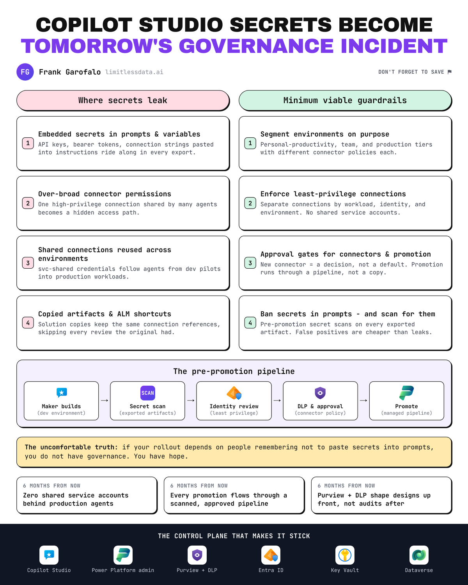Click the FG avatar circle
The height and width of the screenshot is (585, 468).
(x=25, y=72)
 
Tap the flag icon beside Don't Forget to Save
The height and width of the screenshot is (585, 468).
(x=450, y=72)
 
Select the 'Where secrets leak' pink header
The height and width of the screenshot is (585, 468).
(x=123, y=100)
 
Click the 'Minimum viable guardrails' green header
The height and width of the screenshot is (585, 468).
(x=345, y=100)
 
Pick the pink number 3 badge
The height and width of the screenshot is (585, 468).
(x=28, y=263)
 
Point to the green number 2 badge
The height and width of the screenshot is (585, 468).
(x=250, y=203)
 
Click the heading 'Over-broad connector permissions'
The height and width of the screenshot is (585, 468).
(x=105, y=194)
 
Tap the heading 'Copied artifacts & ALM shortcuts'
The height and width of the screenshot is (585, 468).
(x=105, y=314)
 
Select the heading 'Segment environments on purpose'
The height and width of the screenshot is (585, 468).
(x=325, y=134)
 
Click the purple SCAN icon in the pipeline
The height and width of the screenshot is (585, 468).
(x=148, y=393)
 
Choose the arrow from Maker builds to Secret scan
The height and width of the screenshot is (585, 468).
(x=105, y=401)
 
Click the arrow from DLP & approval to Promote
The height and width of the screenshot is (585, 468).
(x=363, y=401)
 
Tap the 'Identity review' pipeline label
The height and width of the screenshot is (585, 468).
(x=234, y=406)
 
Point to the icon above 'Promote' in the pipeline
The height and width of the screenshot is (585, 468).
(x=406, y=393)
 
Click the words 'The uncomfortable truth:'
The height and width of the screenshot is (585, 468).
(x=71, y=447)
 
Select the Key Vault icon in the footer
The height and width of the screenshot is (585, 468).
(x=345, y=555)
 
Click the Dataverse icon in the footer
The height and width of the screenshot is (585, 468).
(x=419, y=555)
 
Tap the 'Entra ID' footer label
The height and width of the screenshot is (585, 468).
(x=271, y=570)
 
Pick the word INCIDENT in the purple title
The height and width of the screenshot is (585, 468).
(x=394, y=46)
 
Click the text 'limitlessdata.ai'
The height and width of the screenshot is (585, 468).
(x=134, y=72)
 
